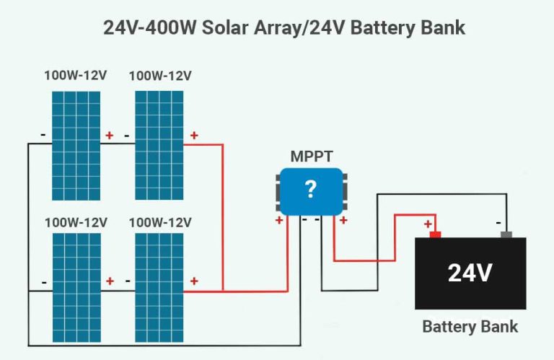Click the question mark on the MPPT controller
pyautogui.click(x=311, y=190)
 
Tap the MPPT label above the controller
pyautogui.click(x=311, y=156)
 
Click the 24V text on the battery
pyautogui.click(x=470, y=273)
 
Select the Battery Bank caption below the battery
pyautogui.click(x=470, y=326)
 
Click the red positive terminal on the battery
pyautogui.click(x=435, y=234)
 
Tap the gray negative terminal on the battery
pyautogui.click(x=506, y=234)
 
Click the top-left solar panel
pyautogui.click(x=76, y=144)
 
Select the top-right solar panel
pyautogui.click(x=159, y=144)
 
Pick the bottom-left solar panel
pyautogui.click(x=76, y=287)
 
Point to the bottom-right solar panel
pyautogui.click(x=159, y=287)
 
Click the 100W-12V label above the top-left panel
pyautogui.click(x=76, y=76)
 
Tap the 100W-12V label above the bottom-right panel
pyautogui.click(x=159, y=222)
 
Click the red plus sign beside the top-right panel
pyautogui.click(x=193, y=135)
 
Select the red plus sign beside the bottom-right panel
pyautogui.click(x=193, y=281)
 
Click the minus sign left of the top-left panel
pyautogui.click(x=43, y=135)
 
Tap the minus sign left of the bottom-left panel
pyautogui.click(x=43, y=282)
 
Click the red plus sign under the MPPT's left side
pyautogui.click(x=279, y=220)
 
